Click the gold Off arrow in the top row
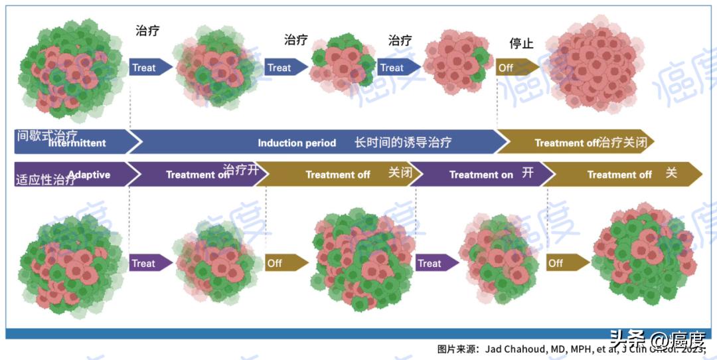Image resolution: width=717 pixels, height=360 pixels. tap(517, 67)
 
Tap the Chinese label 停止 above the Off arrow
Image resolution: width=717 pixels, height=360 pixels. tap(521, 43)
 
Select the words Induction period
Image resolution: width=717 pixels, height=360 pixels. tap(297, 143)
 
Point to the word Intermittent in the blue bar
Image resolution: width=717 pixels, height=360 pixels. tap(77, 143)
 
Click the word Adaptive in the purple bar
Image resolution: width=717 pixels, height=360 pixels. tap(89, 175)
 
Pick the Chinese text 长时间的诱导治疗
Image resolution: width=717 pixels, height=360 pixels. tap(403, 142)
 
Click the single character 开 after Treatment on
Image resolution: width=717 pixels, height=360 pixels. tap(528, 173)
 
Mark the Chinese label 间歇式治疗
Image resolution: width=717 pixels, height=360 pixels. tap(46, 135)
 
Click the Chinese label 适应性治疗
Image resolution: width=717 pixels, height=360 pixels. tap(45, 179)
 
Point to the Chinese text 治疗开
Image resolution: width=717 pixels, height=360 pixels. tap(239, 169)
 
